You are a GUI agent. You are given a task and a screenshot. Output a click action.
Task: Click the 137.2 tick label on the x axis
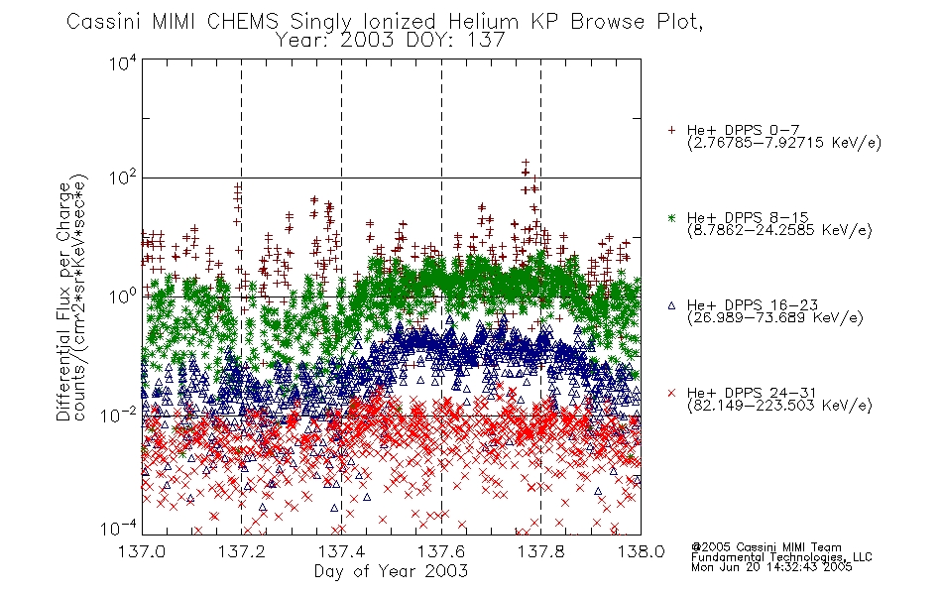pos(242,551)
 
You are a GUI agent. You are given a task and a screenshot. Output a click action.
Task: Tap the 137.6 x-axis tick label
pos(441,551)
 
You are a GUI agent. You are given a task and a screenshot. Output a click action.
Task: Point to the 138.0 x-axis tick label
pos(641,551)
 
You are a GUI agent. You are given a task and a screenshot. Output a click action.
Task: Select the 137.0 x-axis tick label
pos(142,551)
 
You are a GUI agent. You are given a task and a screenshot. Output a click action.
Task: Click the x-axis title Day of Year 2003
pos(391,571)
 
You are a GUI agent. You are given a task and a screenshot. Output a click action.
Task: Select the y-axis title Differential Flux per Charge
pos(63,301)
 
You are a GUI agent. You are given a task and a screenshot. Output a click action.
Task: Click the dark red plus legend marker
pos(671,130)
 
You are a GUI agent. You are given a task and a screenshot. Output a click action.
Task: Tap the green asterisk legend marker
pos(671,217)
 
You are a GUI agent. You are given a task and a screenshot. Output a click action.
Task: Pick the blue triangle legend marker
pos(671,305)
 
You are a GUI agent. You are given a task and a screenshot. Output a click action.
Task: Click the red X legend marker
pos(671,393)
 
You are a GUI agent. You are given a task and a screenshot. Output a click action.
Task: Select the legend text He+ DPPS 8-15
pos(748,217)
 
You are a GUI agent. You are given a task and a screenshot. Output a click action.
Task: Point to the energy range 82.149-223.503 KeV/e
pos(779,405)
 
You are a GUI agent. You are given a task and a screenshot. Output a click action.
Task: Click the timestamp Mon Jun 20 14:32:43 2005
pos(771,567)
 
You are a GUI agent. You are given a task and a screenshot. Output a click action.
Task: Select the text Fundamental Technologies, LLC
pos(781,557)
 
